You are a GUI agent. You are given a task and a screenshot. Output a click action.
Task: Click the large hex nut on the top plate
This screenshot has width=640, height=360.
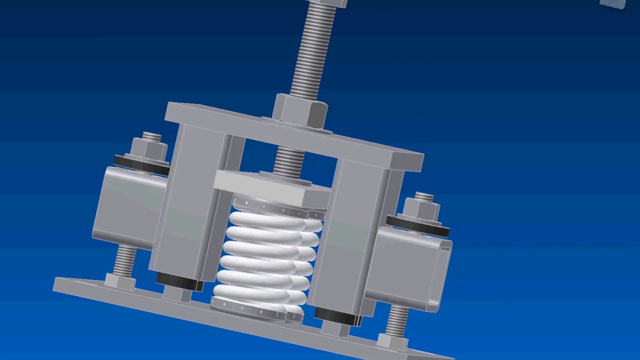[299, 111]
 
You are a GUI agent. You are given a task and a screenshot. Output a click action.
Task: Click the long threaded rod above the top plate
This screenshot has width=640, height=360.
[314, 50]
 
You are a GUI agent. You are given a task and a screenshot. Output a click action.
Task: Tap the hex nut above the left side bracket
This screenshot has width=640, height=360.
[148, 147]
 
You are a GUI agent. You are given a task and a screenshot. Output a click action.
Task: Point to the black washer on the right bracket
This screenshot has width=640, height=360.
[418, 224]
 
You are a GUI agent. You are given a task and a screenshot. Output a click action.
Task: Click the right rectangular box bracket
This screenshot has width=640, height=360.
[413, 267]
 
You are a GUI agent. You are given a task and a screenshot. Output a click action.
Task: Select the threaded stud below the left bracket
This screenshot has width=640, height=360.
[124, 260]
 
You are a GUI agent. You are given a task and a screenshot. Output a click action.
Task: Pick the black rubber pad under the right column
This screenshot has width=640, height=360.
[337, 315]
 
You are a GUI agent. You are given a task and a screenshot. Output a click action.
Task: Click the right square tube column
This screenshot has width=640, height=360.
[350, 235]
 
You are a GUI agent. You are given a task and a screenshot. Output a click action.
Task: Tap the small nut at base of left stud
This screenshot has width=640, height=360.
[120, 281]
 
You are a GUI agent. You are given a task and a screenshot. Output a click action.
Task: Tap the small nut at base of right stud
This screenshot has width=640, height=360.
[392, 341]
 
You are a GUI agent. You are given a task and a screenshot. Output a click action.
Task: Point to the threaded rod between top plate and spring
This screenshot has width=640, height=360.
[289, 160]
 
